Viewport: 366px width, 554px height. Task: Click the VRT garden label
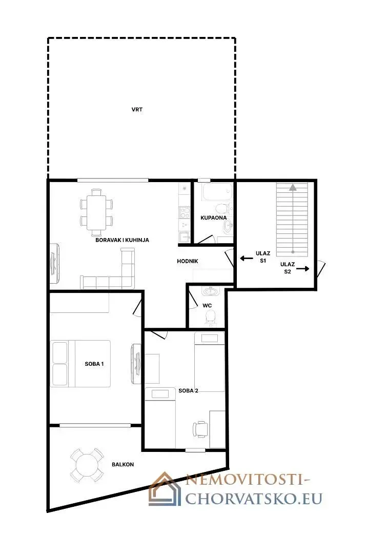point(137,110)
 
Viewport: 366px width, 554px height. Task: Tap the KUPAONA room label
point(214,217)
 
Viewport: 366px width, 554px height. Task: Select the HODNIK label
point(188,261)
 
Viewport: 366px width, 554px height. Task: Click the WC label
point(207,305)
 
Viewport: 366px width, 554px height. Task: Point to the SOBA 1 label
point(94,364)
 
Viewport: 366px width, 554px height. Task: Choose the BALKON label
point(123,464)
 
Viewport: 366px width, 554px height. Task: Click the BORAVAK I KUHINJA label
point(122,240)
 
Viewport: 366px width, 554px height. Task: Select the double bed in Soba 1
point(80,364)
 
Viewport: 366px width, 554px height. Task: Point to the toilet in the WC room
point(210,318)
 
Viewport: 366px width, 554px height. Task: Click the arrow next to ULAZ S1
point(247,258)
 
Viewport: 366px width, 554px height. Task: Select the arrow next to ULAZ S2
point(302,269)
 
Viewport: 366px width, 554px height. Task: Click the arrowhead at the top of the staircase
point(293,188)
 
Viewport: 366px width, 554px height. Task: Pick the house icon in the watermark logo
point(165,489)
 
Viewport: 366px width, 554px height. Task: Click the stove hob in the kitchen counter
point(185,212)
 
